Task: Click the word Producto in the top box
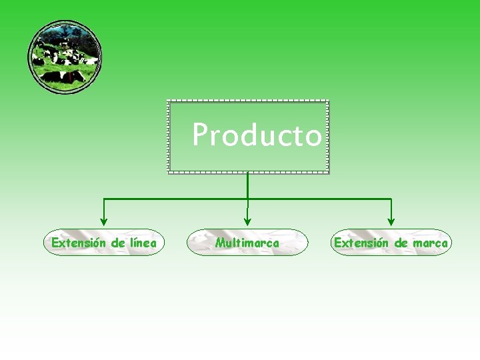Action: click(257, 135)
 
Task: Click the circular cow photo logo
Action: click(65, 57)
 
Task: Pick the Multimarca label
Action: click(247, 243)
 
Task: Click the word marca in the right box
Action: click(430, 243)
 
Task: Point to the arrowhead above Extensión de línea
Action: click(103, 222)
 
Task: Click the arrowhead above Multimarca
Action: click(247, 221)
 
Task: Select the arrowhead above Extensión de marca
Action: click(391, 221)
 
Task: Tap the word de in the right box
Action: click(401, 243)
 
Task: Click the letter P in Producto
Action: click(199, 135)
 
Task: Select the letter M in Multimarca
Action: click(221, 243)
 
